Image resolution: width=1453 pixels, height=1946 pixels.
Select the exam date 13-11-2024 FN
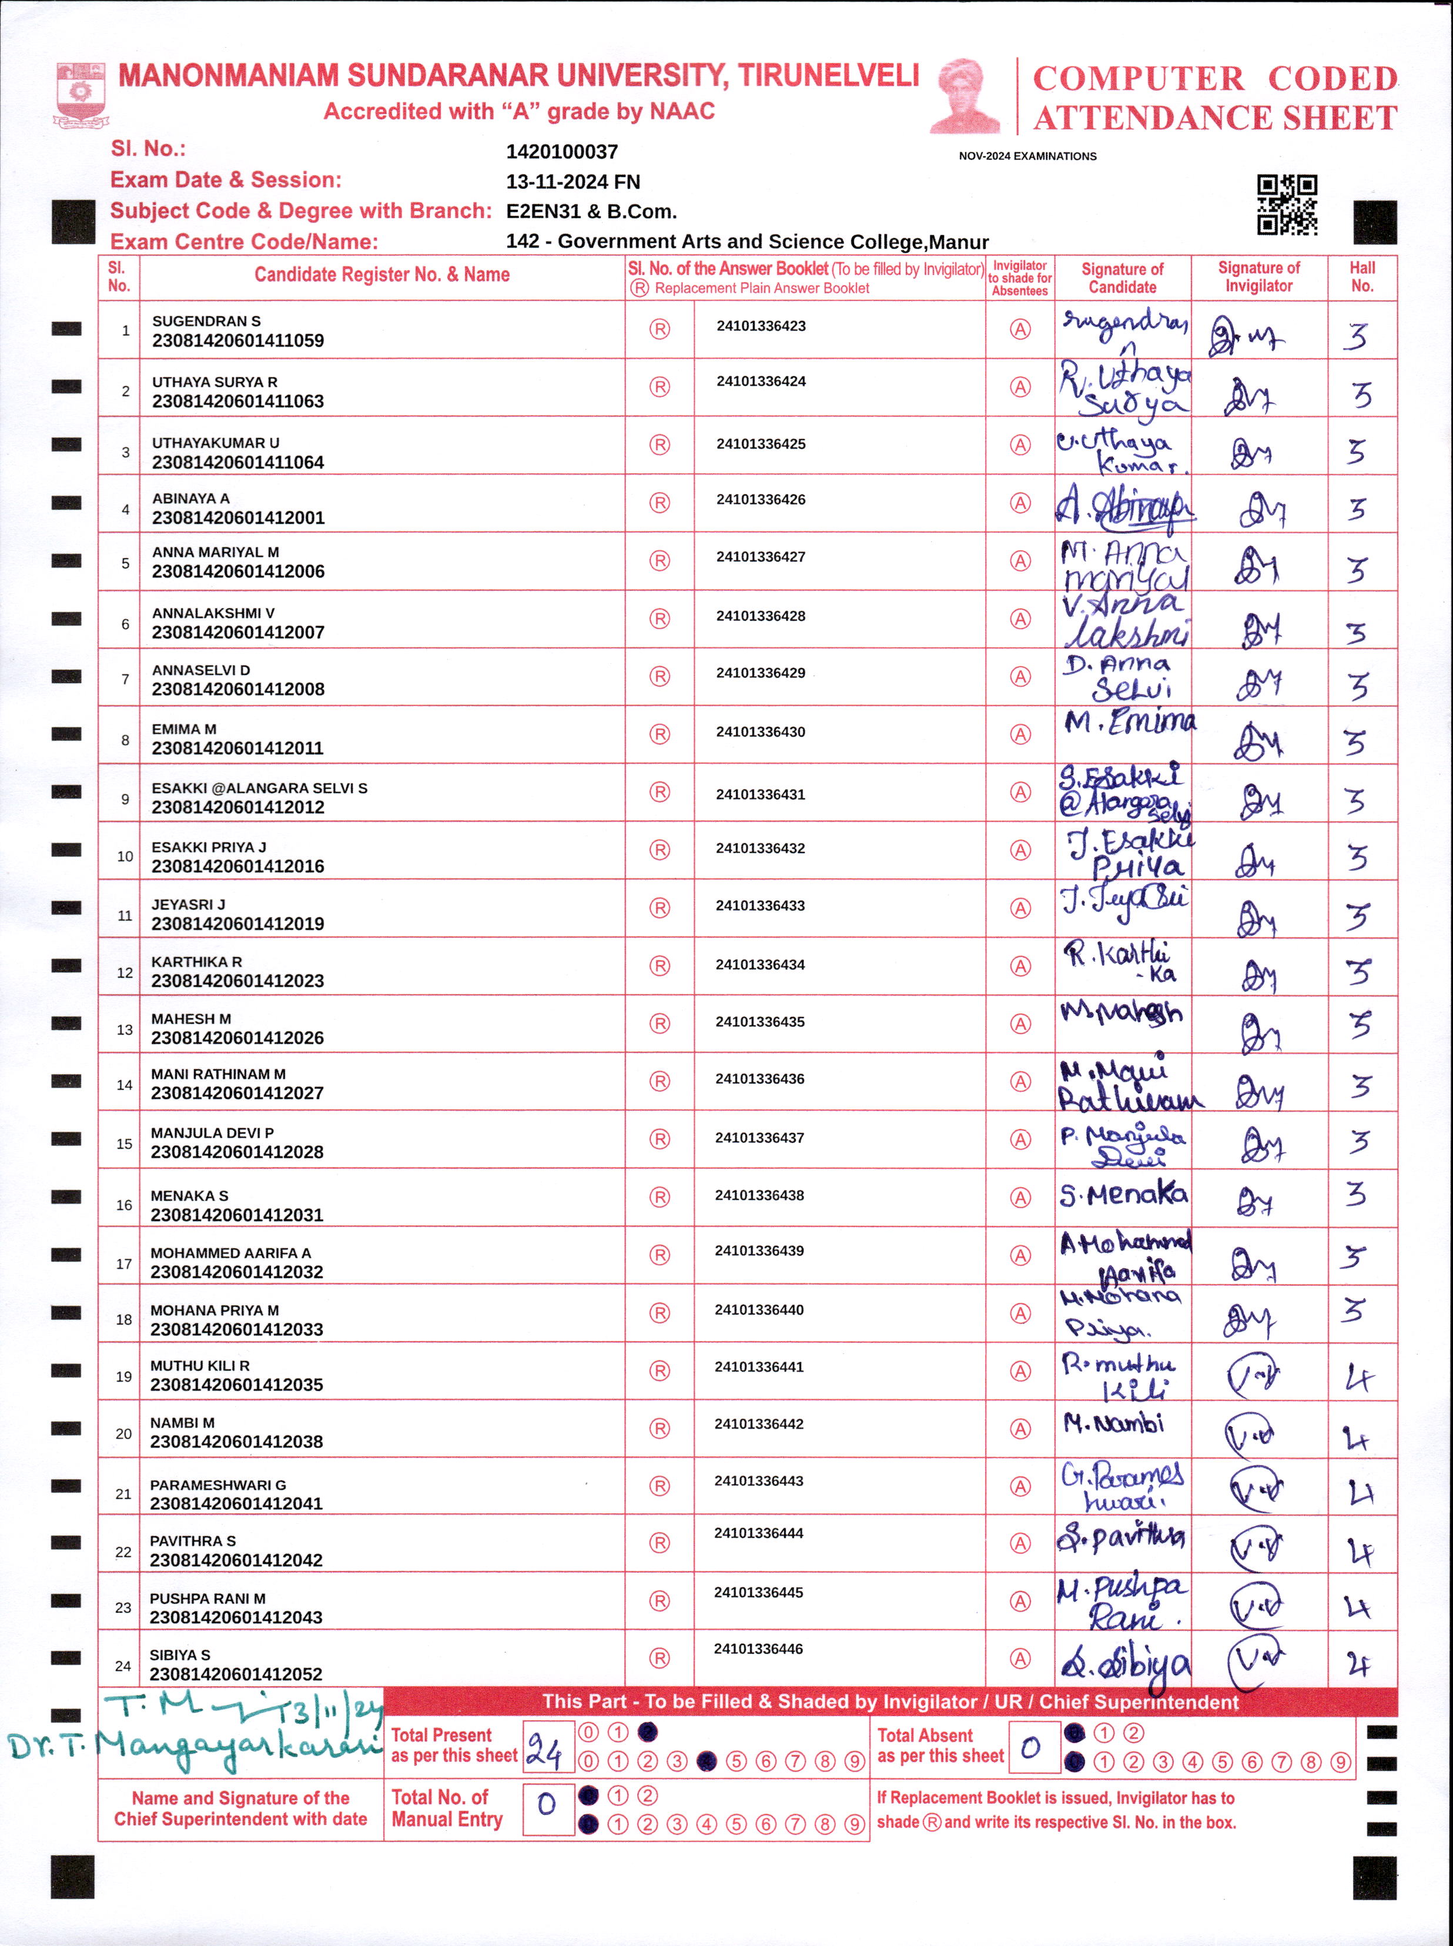pyautogui.click(x=573, y=182)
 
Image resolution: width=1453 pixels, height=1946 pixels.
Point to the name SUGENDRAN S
pyautogui.click(x=206, y=321)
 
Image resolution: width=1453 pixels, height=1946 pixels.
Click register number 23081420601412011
pyautogui.click(x=237, y=748)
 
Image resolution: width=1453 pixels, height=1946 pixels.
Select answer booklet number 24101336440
pyautogui.click(x=758, y=1310)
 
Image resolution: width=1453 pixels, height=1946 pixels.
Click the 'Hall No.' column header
pyautogui.click(x=1361, y=277)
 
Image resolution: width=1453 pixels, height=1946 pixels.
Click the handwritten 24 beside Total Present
pyautogui.click(x=544, y=1748)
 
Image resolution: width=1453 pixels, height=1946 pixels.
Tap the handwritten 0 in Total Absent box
pyautogui.click(x=1031, y=1747)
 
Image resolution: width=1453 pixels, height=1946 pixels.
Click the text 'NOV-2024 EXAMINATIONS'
pyautogui.click(x=1027, y=156)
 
